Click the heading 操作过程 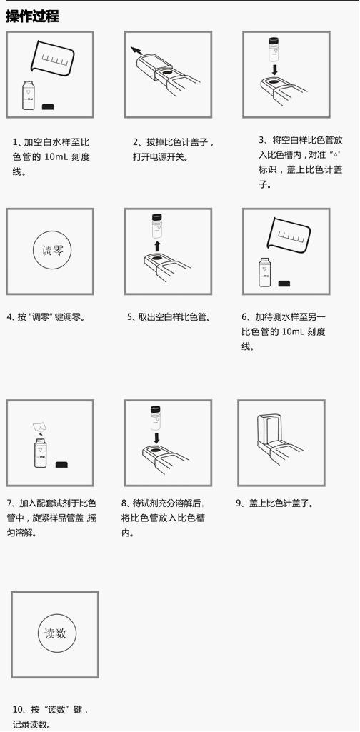(32, 16)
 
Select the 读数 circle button (56, 633)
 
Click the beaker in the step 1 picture (52, 59)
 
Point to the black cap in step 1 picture (48, 106)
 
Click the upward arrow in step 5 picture (157, 246)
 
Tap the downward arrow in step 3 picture (276, 69)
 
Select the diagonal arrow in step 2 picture (137, 51)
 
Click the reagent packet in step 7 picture (39, 426)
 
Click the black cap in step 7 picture (61, 464)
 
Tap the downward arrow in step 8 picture (157, 438)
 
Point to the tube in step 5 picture (158, 225)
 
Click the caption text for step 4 (46, 317)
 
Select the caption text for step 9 (274, 503)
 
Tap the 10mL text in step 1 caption (56, 157)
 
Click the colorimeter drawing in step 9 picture (279, 440)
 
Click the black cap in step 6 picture (284, 284)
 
